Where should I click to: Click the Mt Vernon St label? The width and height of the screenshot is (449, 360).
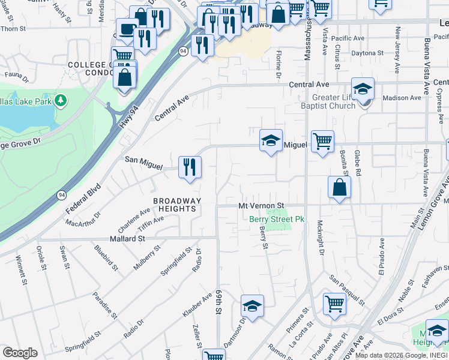coord(261,205)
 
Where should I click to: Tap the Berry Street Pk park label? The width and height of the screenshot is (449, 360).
coord(277,219)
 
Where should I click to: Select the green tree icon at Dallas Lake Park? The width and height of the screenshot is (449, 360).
coord(61,100)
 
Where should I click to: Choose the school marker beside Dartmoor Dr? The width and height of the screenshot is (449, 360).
coord(253,306)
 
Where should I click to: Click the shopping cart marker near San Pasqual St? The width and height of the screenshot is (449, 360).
coord(334,304)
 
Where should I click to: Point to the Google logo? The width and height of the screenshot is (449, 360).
coord(20,353)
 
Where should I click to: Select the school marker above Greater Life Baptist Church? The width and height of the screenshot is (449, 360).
coord(363,89)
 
